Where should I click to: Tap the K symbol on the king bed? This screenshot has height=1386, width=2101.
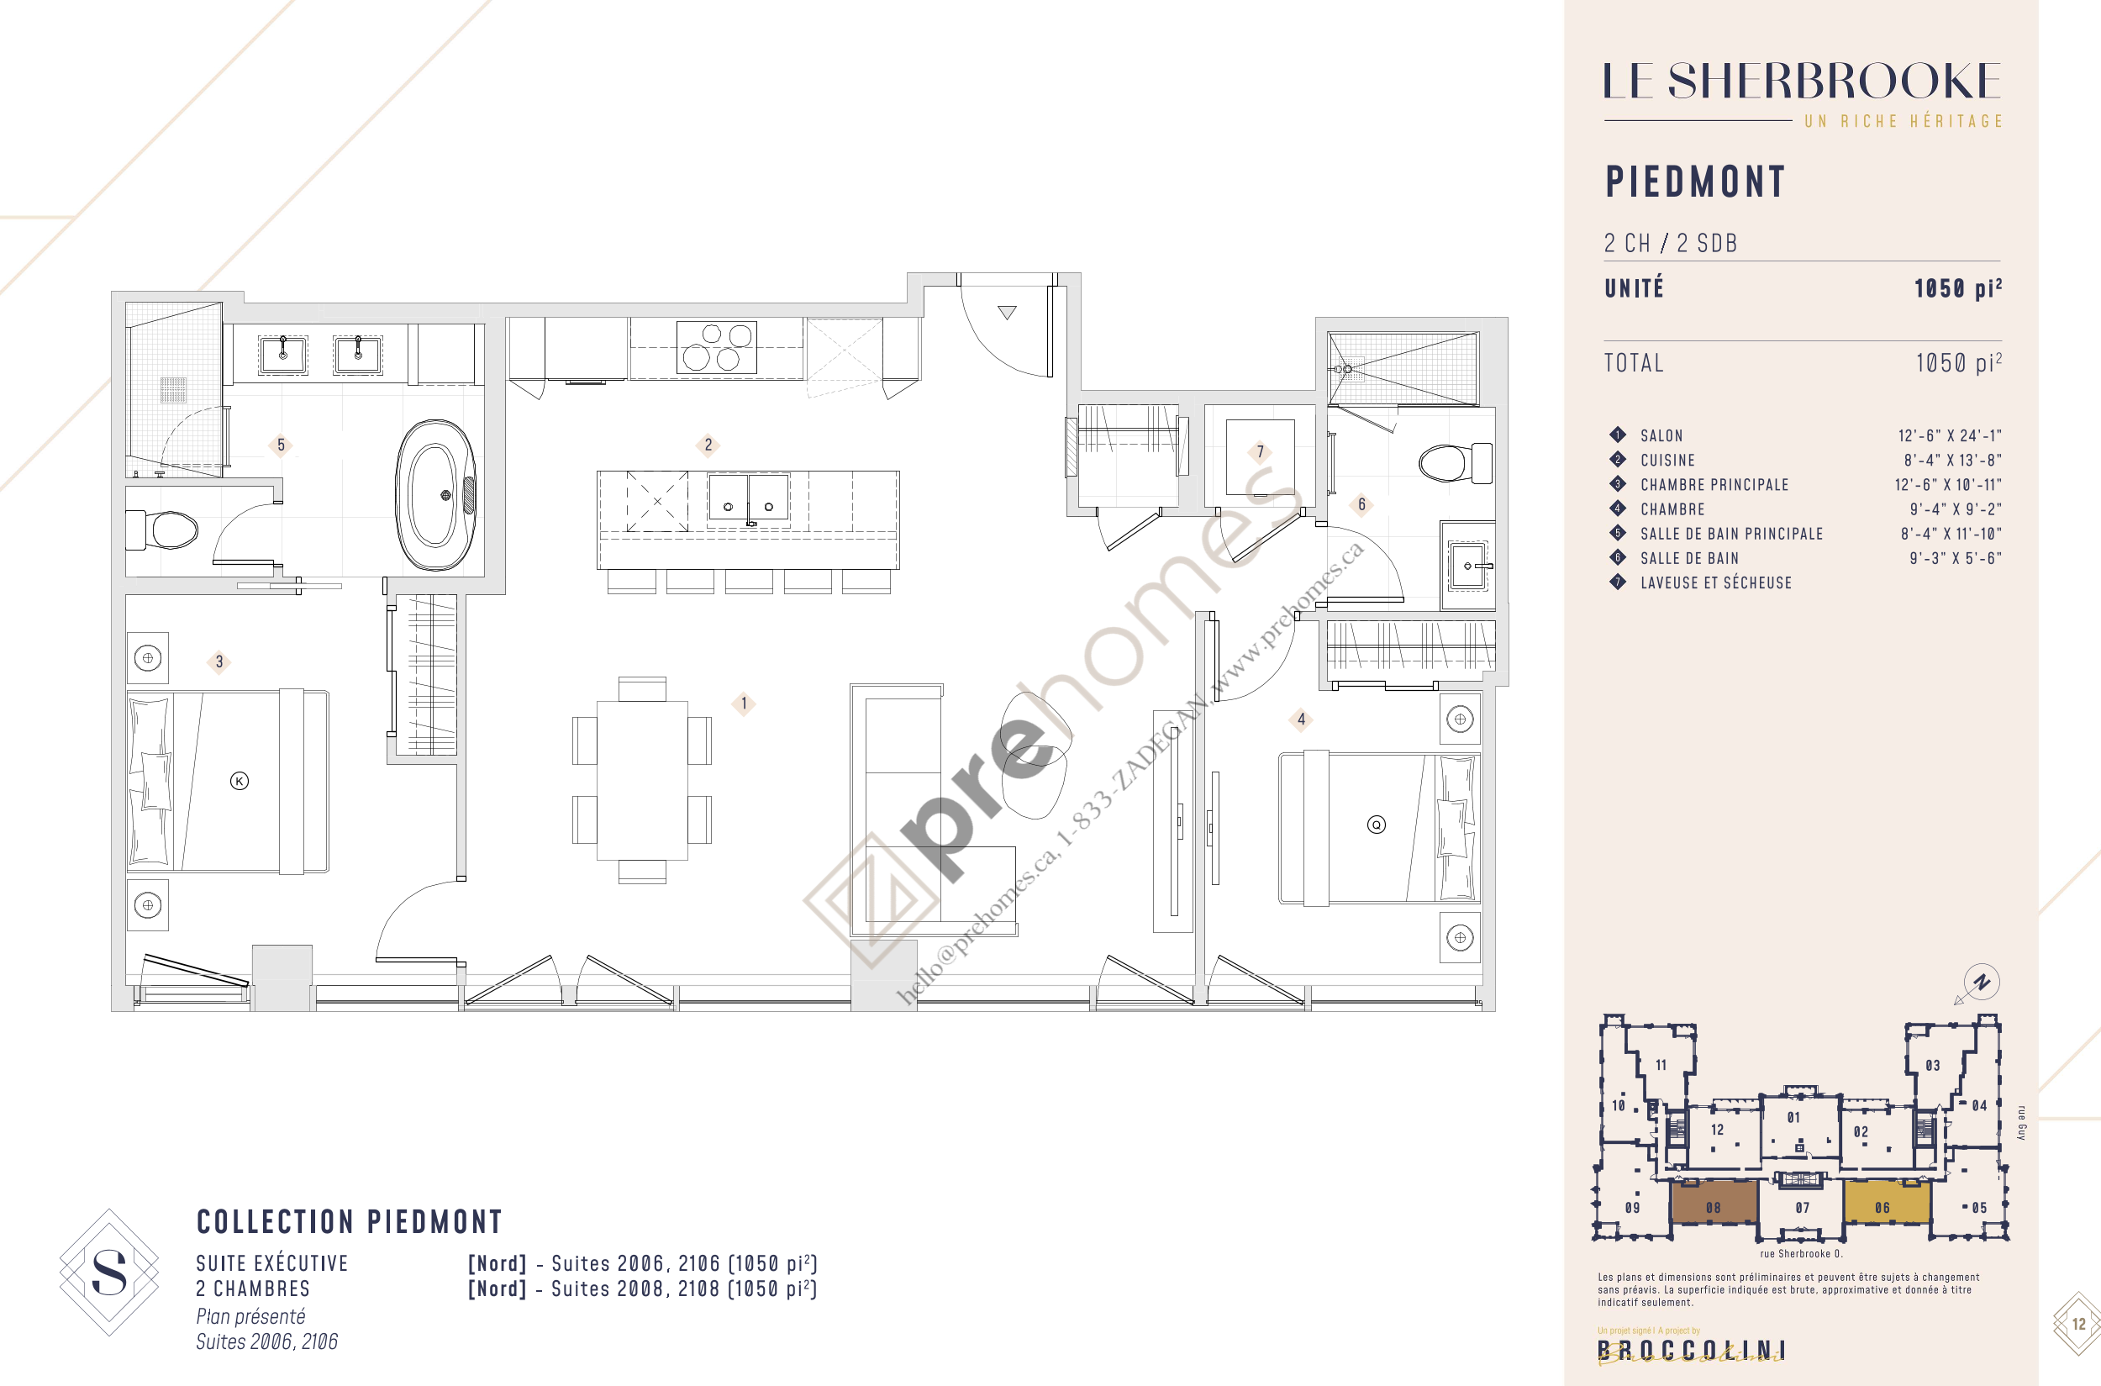(x=239, y=781)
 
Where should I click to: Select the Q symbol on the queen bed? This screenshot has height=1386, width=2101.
(x=1377, y=825)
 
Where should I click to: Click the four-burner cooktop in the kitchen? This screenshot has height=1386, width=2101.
(x=716, y=346)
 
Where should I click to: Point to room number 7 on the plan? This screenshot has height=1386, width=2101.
(x=1261, y=451)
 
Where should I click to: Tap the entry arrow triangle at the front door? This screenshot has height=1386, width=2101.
(x=1007, y=312)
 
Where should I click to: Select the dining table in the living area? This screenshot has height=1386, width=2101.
(x=643, y=780)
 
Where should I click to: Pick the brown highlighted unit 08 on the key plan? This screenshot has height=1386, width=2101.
(x=1713, y=1203)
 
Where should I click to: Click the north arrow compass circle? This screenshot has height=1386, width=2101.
(x=1982, y=982)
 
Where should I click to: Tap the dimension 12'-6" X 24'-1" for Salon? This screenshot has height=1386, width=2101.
(x=1949, y=435)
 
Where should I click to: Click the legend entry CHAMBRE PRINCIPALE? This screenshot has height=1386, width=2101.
(x=1714, y=484)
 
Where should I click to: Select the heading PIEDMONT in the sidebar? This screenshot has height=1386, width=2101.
(x=1695, y=182)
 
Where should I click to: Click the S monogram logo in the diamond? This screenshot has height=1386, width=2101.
(x=108, y=1272)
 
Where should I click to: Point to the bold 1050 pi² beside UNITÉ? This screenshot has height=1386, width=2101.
(x=1957, y=288)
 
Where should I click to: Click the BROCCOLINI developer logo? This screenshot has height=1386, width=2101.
(x=1691, y=1350)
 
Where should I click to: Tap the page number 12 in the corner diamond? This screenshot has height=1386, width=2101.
(x=2078, y=1323)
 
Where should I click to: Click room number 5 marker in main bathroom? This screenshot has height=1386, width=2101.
(x=281, y=445)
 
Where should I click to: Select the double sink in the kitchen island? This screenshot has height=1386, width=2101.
(x=748, y=500)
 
